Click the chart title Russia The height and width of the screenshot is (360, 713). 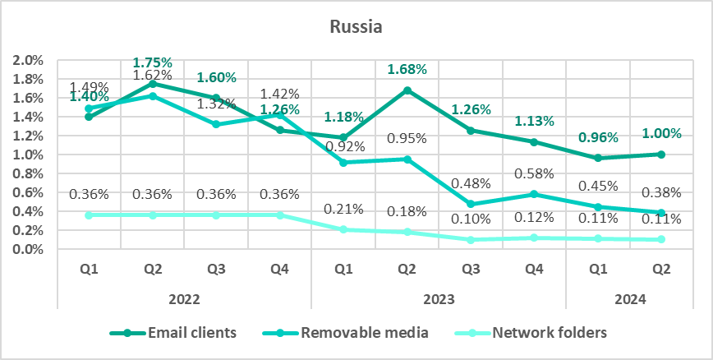pyautogui.click(x=356, y=26)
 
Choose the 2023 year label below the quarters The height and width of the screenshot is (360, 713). pyautogui.click(x=438, y=301)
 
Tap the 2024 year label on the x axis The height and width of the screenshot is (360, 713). pyautogui.click(x=629, y=301)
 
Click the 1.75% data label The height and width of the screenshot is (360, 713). pyautogui.click(x=152, y=62)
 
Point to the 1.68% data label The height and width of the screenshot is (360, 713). pyautogui.click(x=408, y=69)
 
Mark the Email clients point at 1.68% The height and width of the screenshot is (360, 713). pyautogui.click(x=407, y=90)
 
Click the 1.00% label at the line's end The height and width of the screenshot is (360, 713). pyautogui.click(x=662, y=133)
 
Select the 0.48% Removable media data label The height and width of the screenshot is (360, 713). pyautogui.click(x=471, y=183)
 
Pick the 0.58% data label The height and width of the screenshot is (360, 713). pyautogui.click(x=535, y=173)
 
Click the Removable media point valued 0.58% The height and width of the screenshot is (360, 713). pyautogui.click(x=535, y=194)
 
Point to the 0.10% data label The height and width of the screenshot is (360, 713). pyautogui.click(x=471, y=219)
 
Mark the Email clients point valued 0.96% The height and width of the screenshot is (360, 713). pyautogui.click(x=599, y=158)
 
